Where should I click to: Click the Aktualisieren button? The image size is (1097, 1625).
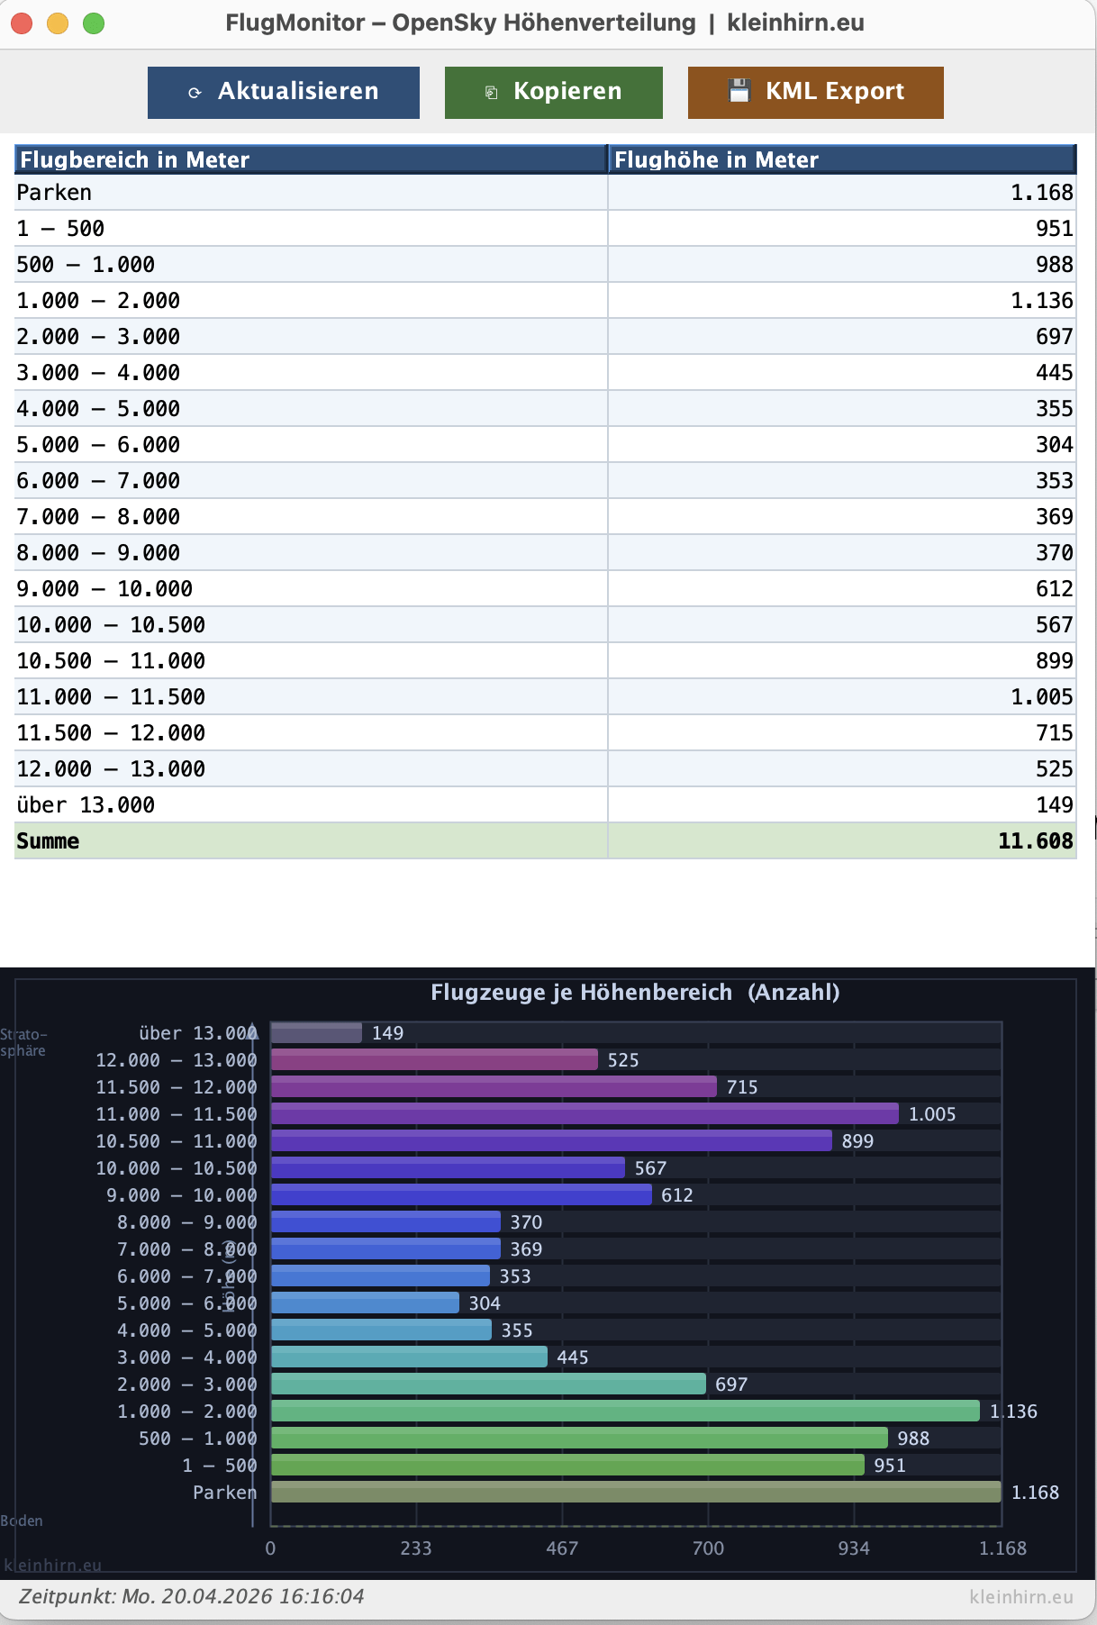pyautogui.click(x=283, y=92)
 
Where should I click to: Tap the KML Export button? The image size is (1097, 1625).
pyautogui.click(x=815, y=92)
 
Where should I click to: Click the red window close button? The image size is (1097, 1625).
pyautogui.click(x=22, y=23)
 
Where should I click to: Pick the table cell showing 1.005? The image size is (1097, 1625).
pyautogui.click(x=1041, y=697)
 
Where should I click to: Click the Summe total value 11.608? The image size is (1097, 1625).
pyautogui.click(x=1035, y=841)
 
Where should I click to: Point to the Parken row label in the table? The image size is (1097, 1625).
pyautogui.click(x=55, y=193)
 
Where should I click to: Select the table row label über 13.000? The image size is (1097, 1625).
pyautogui.click(x=86, y=805)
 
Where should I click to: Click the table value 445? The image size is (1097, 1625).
pyautogui.click(x=1054, y=373)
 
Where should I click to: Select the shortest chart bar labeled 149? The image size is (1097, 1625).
pyautogui.click(x=316, y=1033)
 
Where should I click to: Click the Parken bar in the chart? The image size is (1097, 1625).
pyautogui.click(x=635, y=1493)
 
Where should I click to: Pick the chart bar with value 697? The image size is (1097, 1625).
pyautogui.click(x=487, y=1384)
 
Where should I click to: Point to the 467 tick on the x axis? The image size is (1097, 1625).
pyautogui.click(x=562, y=1548)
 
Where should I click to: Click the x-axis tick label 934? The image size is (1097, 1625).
pyautogui.click(x=854, y=1548)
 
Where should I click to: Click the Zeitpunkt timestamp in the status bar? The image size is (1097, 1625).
pyautogui.click(x=192, y=1597)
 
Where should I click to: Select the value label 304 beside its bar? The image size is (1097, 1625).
pyautogui.click(x=485, y=1303)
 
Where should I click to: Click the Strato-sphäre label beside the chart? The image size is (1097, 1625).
pyautogui.click(x=23, y=1042)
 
